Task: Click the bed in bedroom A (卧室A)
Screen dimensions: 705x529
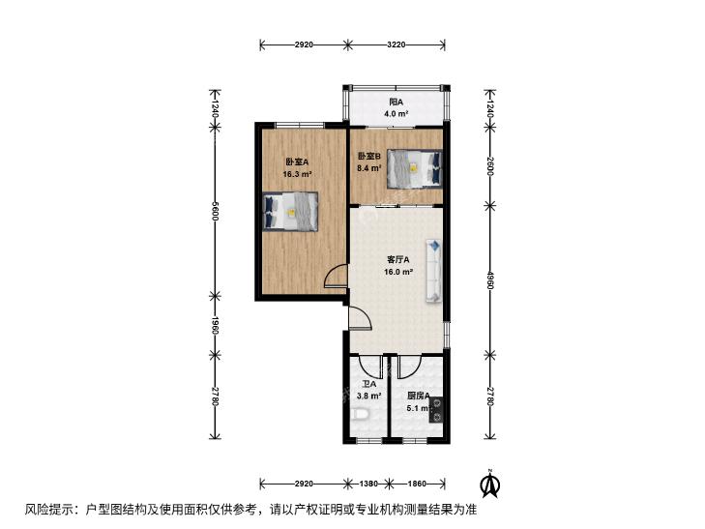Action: click(x=290, y=211)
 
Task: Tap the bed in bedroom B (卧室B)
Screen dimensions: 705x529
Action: click(x=414, y=168)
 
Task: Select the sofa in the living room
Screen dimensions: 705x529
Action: click(x=434, y=271)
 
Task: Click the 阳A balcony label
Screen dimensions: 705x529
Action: click(x=396, y=102)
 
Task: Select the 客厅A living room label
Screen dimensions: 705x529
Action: click(x=397, y=260)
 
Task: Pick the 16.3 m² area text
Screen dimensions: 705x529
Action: click(x=297, y=174)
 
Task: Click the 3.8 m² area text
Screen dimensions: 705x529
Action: click(x=369, y=396)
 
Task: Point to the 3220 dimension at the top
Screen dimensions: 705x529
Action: click(x=397, y=44)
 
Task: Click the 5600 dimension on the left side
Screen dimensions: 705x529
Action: click(x=216, y=211)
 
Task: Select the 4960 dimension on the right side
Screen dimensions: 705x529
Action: click(x=490, y=279)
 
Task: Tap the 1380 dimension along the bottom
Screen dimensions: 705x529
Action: click(x=368, y=484)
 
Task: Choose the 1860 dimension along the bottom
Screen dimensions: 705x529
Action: click(x=417, y=484)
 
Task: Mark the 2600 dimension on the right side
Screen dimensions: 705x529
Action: click(x=490, y=166)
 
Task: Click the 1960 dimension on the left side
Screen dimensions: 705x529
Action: click(x=216, y=325)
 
